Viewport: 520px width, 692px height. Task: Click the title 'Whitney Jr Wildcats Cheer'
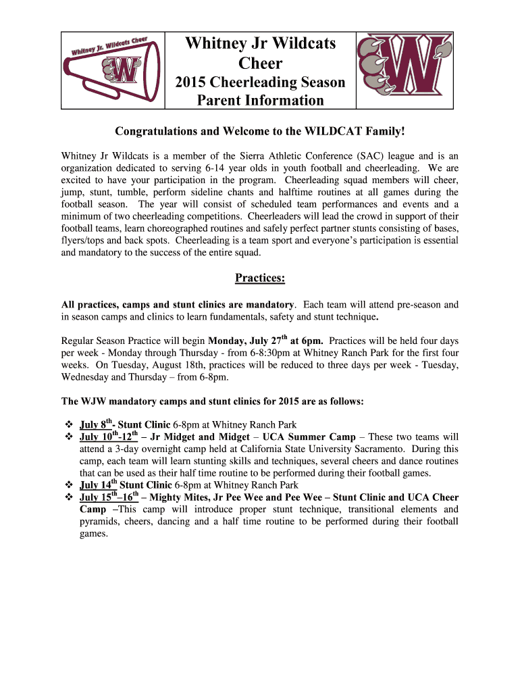pyautogui.click(x=260, y=53)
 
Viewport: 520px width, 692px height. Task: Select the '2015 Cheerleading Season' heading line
pyautogui.click(x=260, y=82)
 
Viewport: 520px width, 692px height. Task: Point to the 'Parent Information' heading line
pyautogui.click(x=260, y=101)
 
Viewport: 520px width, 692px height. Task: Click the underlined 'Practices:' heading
pyautogui.click(x=260, y=278)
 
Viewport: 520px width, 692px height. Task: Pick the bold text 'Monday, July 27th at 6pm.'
pyautogui.click(x=266, y=340)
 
